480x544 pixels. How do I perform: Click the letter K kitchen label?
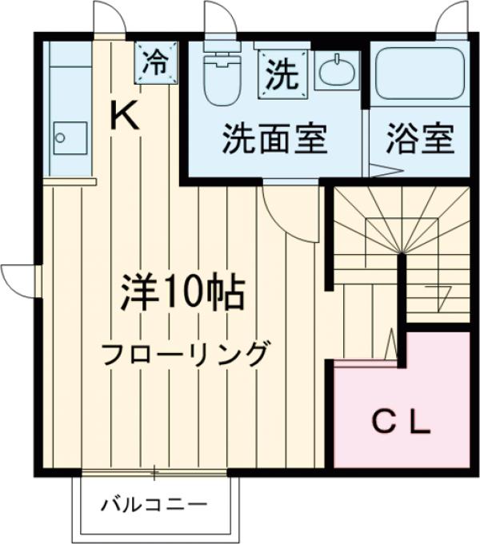[125, 117]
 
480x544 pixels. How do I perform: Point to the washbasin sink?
[337, 72]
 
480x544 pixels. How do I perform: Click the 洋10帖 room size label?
[182, 293]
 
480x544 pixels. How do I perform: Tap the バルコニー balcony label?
[154, 505]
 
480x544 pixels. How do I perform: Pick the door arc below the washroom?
[284, 210]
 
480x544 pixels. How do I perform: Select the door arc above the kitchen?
[106, 18]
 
